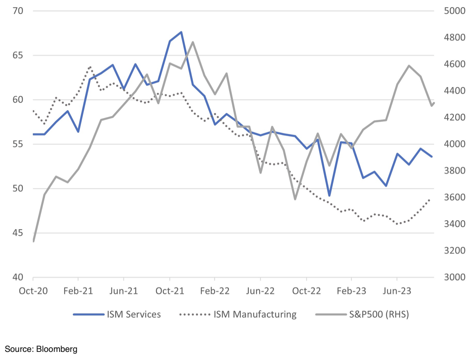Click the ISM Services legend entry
pos(117,314)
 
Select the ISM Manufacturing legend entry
pos(238,314)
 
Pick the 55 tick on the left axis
pos(18,144)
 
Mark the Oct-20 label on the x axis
pos(33,291)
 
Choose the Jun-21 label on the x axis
pos(123,291)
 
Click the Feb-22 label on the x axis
pos(215,291)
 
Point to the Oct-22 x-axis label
pos(306,291)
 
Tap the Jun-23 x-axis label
pos(397,291)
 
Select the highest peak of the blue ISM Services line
pos(181,32)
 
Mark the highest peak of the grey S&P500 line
pos(193,42)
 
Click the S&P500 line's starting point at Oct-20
pos(33,241)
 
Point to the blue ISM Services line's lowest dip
pos(329,196)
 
